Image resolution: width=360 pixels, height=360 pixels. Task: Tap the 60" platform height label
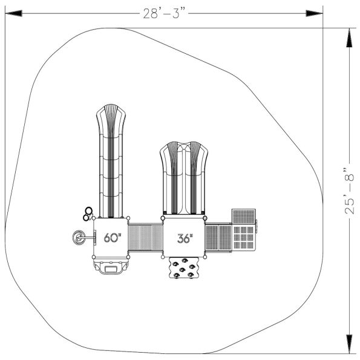112,238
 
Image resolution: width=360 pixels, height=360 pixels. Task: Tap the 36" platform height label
184,238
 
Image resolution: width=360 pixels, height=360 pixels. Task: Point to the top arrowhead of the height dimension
349,38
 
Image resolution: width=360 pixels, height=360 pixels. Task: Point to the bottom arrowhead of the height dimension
349,343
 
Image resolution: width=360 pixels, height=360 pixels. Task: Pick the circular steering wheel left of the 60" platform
79,238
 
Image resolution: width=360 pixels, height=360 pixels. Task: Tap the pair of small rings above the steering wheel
88,213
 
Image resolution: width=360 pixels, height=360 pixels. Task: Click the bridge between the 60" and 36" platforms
145,238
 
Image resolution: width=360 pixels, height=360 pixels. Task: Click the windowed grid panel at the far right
244,237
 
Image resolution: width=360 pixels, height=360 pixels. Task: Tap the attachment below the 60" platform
111,266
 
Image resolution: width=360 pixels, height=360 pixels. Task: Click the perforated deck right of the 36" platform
218,238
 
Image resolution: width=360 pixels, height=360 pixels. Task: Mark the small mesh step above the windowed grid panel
244,216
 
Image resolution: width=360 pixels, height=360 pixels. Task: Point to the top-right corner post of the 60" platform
128,218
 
